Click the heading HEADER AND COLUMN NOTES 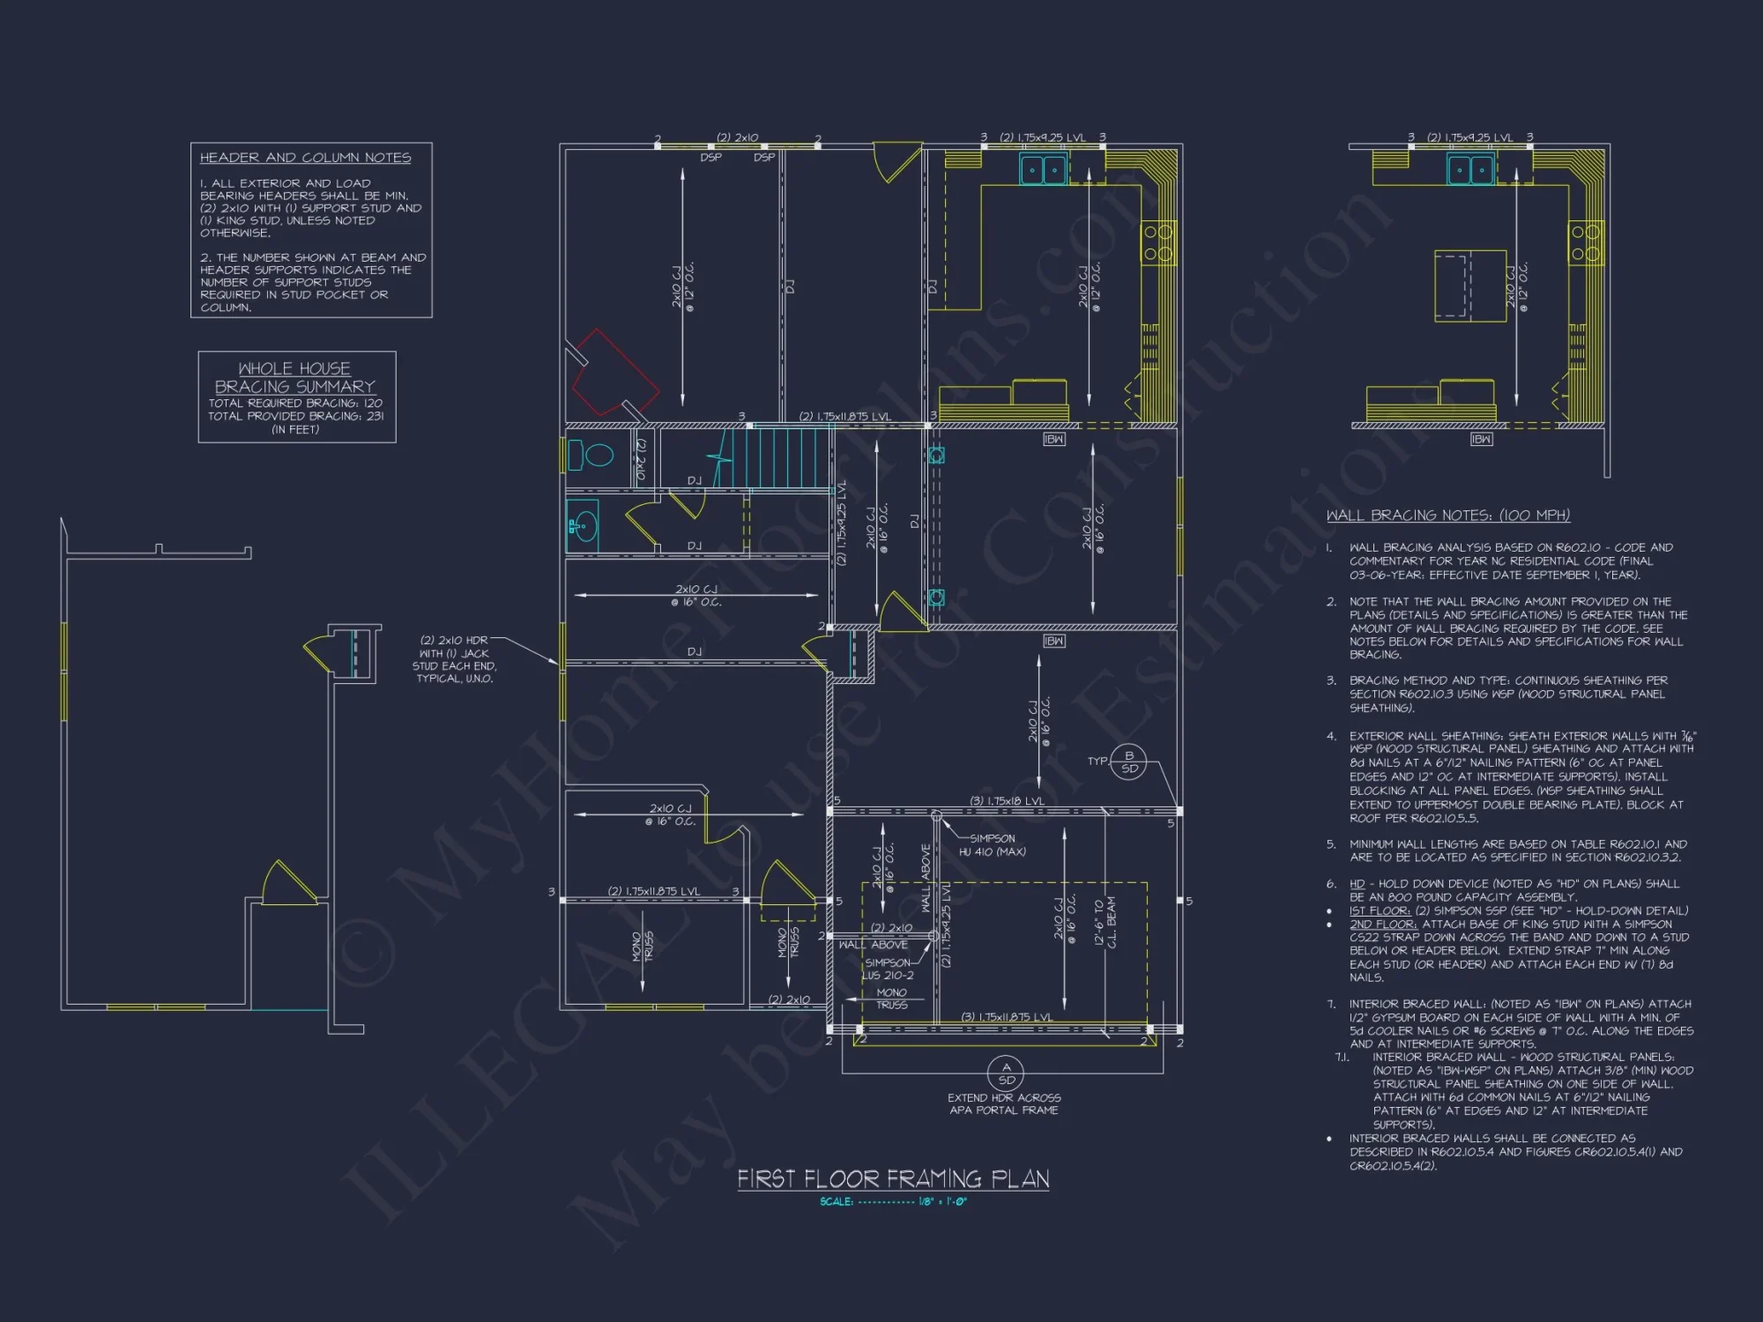pos(305,158)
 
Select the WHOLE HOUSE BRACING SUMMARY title pos(295,377)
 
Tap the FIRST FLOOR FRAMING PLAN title pos(893,1179)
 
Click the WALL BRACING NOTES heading pos(1447,516)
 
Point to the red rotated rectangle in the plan pos(614,373)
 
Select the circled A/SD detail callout pos(1006,1073)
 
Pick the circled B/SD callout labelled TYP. pos(1128,761)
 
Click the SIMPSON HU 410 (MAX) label pos(993,845)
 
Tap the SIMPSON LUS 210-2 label pos(888,969)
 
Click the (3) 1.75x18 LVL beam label pos(1007,801)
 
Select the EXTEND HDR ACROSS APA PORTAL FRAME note pos(1004,1104)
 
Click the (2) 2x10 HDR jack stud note pos(454,659)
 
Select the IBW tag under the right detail pos(1481,439)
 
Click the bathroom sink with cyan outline pos(582,527)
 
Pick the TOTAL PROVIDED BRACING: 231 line pos(296,416)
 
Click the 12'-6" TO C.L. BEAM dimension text pos(1105,922)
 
